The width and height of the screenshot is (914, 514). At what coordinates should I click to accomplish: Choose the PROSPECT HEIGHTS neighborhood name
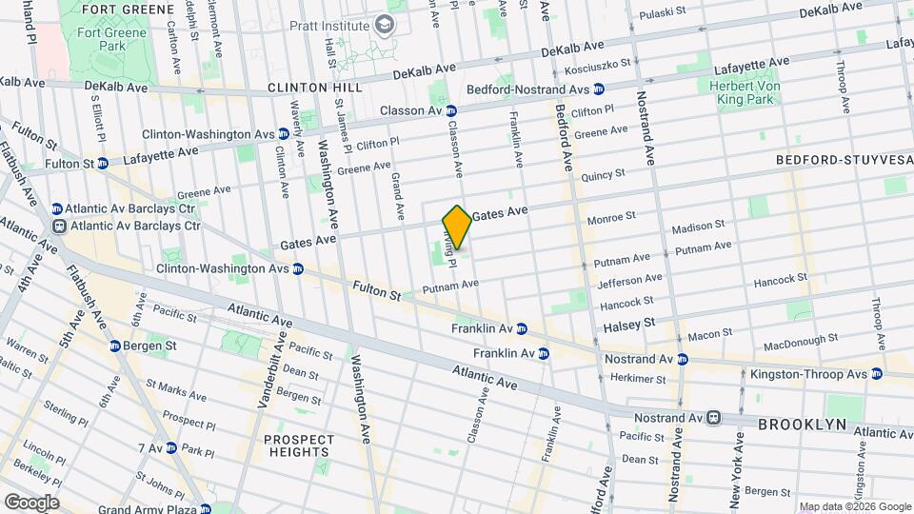[299, 445]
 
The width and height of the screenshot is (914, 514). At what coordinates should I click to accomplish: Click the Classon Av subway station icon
[452, 110]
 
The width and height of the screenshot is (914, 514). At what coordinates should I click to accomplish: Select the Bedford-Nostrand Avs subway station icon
[599, 89]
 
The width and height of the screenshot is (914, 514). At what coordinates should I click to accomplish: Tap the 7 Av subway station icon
[170, 447]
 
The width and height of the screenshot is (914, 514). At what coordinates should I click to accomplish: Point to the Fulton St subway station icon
[102, 164]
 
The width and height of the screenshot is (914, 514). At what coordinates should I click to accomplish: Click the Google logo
[30, 502]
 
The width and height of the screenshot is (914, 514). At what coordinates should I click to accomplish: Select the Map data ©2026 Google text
[855, 506]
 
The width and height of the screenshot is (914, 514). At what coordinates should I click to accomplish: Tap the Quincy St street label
[602, 174]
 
